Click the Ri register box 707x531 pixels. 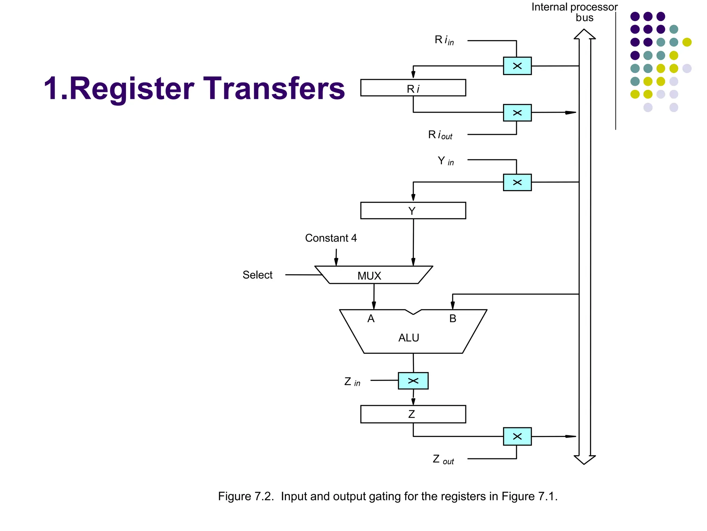[x=413, y=88]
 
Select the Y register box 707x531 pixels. [x=413, y=211]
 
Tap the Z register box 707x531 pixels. [x=413, y=414]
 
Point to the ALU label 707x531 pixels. [x=409, y=338]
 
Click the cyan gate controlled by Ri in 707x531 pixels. [x=517, y=66]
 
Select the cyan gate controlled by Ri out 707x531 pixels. [x=517, y=113]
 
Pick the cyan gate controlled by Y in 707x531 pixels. [x=517, y=182]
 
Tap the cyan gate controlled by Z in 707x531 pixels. [x=413, y=381]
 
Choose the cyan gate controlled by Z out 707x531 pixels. [x=517, y=436]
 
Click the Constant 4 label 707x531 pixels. [x=331, y=238]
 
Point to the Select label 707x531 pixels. [x=257, y=275]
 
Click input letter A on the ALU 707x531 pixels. [x=371, y=318]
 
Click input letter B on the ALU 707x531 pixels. [x=453, y=318]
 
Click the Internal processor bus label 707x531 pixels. [x=574, y=12]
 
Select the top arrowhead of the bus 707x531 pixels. [x=584, y=34]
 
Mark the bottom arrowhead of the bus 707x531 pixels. [x=584, y=460]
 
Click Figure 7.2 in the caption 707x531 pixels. [x=245, y=496]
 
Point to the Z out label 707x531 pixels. [x=443, y=459]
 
